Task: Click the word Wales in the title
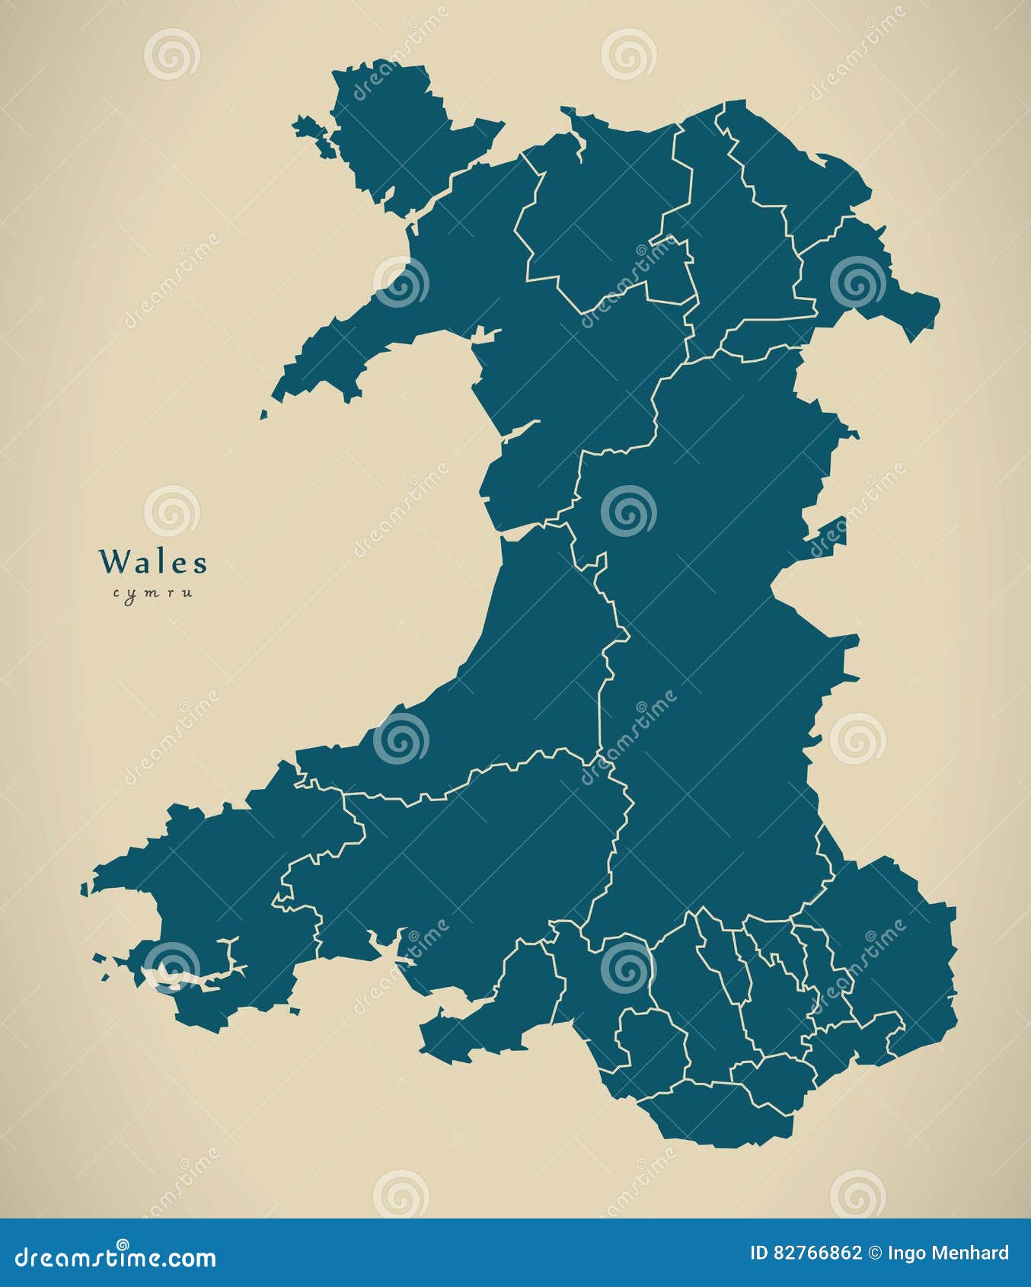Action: pyautogui.click(x=153, y=563)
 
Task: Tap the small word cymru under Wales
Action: pyautogui.click(x=152, y=593)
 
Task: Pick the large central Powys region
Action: pyautogui.click(x=716, y=609)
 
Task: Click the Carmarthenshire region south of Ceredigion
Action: pyautogui.click(x=472, y=853)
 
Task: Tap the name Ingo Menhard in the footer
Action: pyautogui.click(x=948, y=1253)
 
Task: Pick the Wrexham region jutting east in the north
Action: pyautogui.click(x=860, y=282)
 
